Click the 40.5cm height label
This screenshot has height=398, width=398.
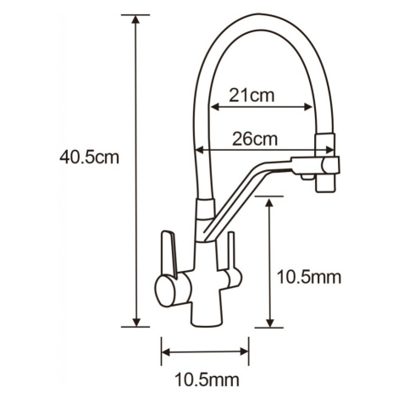click(89, 158)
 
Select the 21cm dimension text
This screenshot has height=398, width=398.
click(252, 95)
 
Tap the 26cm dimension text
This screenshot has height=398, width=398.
click(255, 139)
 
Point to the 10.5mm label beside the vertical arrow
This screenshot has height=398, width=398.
click(309, 277)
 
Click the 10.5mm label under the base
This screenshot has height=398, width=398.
click(207, 379)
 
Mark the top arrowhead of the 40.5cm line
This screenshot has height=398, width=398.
click(136, 19)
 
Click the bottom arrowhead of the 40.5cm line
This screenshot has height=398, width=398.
click(136, 323)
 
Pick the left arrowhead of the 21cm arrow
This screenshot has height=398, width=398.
click(215, 107)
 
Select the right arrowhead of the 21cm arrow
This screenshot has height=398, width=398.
click(307, 107)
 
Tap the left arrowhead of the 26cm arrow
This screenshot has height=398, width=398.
click(200, 150)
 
